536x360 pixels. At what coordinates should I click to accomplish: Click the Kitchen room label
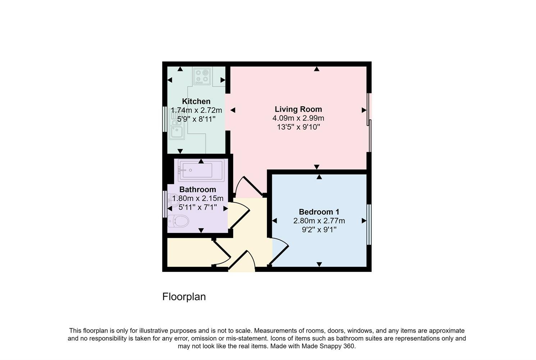coord(196,101)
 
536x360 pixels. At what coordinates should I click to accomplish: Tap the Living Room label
coord(298,109)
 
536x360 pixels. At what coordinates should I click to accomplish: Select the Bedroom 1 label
coord(319,212)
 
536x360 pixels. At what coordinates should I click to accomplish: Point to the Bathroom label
coord(197,189)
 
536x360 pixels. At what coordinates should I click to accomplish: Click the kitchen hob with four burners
coord(202,76)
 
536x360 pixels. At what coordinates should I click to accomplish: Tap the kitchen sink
coord(177,129)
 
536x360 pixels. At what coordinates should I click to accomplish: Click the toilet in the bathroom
coord(179,221)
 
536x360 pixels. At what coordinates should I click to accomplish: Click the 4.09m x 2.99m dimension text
coord(298,118)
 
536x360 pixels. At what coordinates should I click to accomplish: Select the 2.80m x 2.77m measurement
coord(319,221)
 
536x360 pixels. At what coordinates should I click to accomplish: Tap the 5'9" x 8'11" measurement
coord(196,119)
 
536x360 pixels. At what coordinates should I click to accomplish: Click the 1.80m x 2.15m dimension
coord(197,198)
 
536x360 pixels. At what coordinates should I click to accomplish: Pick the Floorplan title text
coord(184,297)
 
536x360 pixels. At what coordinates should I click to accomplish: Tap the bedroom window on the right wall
coord(369,225)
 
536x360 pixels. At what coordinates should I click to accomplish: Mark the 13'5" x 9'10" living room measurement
coord(298,127)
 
